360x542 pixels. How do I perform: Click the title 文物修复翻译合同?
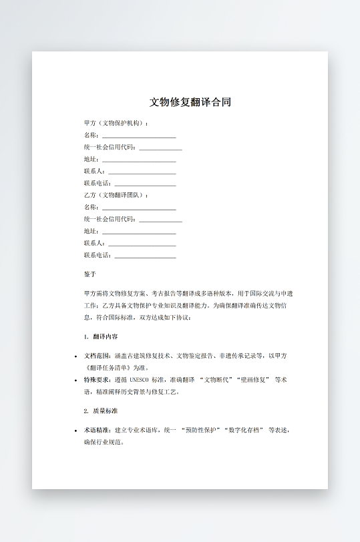190,102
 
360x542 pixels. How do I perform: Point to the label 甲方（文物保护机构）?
116,123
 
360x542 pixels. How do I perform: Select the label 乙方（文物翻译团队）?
116,195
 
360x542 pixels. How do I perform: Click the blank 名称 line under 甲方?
138,136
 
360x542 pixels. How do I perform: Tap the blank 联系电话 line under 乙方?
145,256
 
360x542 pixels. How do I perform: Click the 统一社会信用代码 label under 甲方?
110,148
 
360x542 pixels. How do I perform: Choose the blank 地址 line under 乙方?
138,232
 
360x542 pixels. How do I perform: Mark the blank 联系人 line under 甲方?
142,172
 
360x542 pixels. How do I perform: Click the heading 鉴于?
90,274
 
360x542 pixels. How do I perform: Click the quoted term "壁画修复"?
251,380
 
